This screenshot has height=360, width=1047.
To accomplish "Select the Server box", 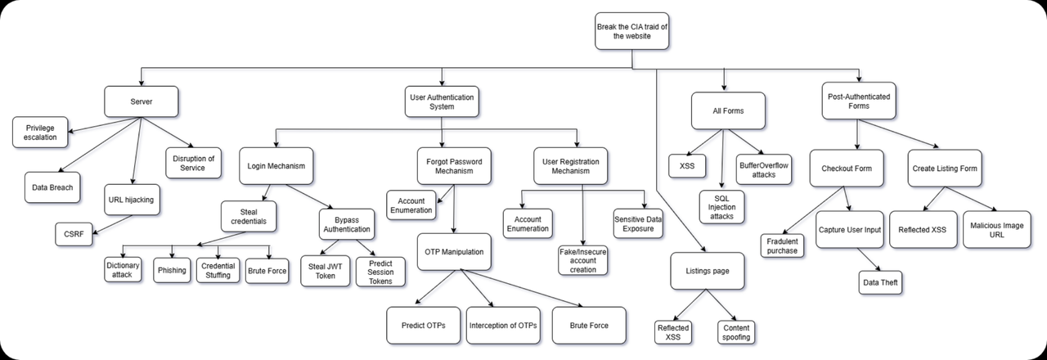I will pyautogui.click(x=142, y=101).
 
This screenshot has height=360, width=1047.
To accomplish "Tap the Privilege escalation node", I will pyautogui.click(x=39, y=133).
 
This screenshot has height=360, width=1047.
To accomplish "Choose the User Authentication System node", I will pyautogui.click(x=442, y=101).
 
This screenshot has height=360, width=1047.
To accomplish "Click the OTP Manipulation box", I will pyautogui.click(x=453, y=252).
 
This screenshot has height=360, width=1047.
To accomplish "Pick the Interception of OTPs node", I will pyautogui.click(x=503, y=326).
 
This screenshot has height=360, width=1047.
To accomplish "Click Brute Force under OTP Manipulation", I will pyautogui.click(x=588, y=326).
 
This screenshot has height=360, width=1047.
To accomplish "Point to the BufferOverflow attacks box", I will pyautogui.click(x=763, y=169).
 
